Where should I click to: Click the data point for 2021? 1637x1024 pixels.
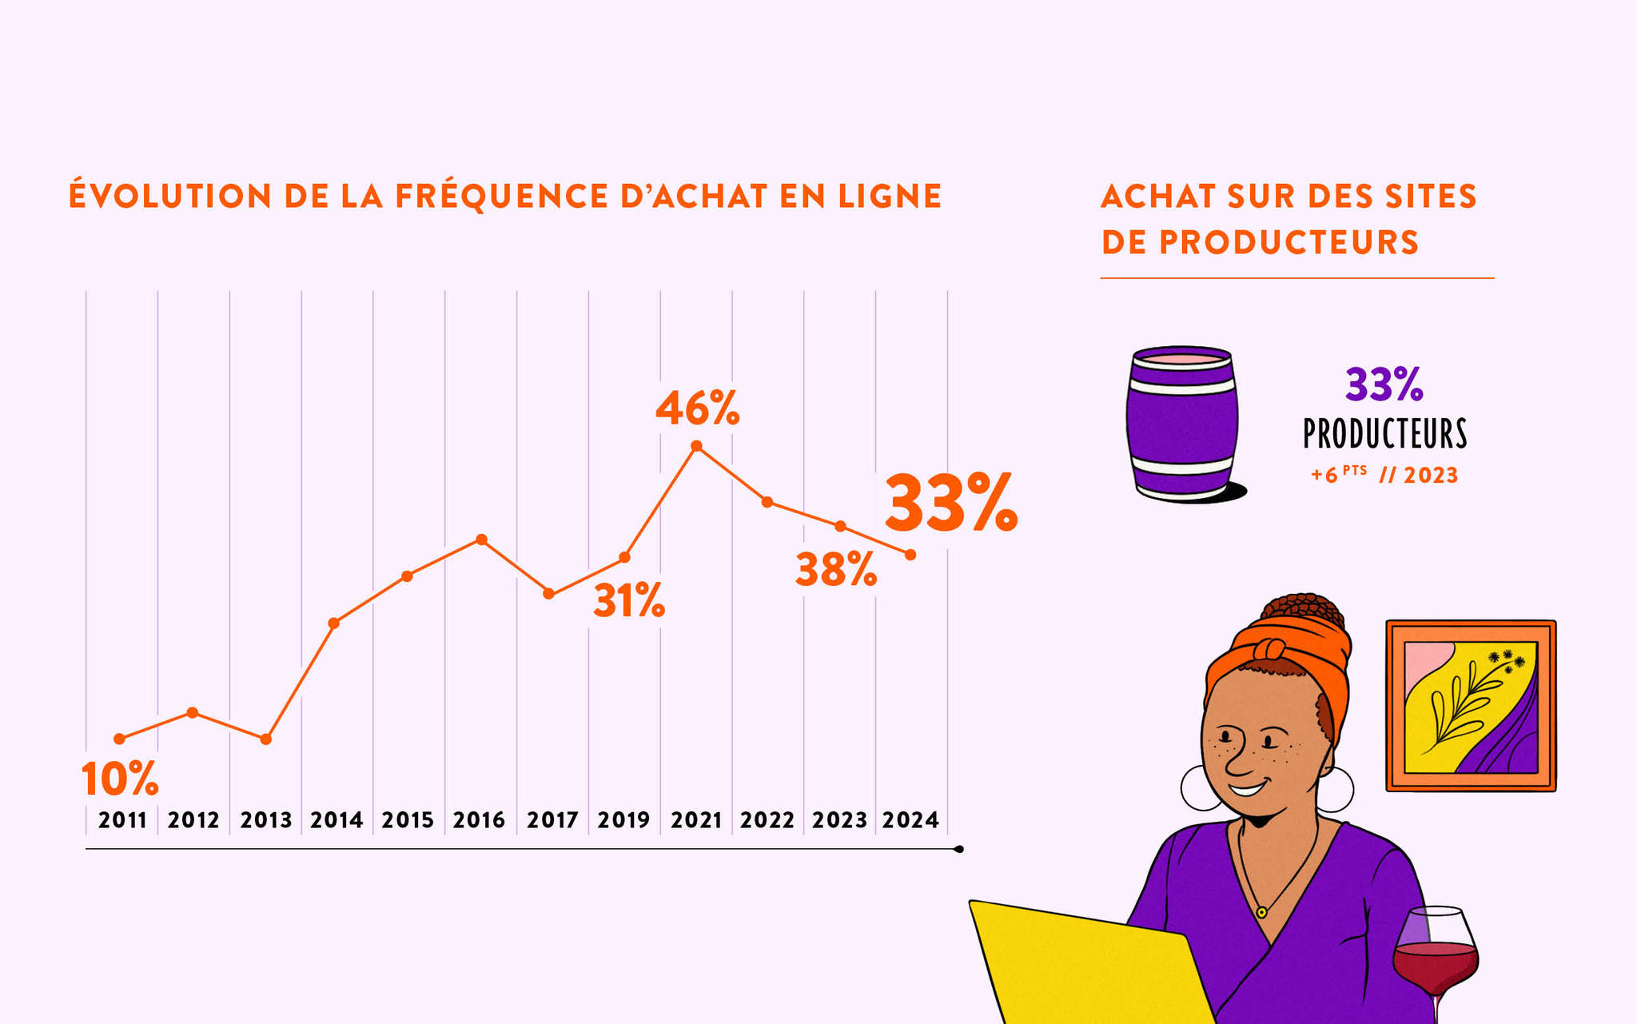point(696,446)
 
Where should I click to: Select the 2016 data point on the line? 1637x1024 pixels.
point(481,540)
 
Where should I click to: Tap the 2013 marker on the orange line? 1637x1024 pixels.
point(266,739)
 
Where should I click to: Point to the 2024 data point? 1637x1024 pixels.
point(910,555)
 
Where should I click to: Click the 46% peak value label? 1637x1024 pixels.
point(697,408)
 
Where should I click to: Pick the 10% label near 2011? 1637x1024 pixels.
point(120,779)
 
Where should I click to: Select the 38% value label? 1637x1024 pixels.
point(836,570)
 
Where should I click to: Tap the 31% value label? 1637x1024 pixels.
point(629,601)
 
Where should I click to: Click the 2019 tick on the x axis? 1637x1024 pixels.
point(623,820)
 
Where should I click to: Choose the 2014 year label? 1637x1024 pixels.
point(337,820)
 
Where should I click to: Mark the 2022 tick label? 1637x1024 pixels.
point(767,820)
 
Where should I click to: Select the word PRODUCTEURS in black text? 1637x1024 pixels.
point(1385,434)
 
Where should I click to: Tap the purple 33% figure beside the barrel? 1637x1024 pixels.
point(1384,384)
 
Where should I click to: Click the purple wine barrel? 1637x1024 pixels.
point(1181,424)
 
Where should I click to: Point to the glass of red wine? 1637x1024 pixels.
point(1436,955)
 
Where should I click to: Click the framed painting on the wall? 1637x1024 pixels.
point(1471,706)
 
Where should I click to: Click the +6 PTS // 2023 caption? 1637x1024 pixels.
point(1384,475)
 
